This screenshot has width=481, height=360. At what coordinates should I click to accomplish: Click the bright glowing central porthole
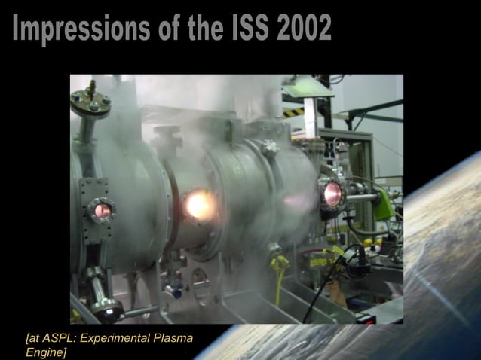pos(197,204)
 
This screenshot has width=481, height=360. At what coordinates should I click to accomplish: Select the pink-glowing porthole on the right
pos(330,194)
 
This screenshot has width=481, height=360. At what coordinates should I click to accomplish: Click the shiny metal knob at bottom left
pos(106,307)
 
